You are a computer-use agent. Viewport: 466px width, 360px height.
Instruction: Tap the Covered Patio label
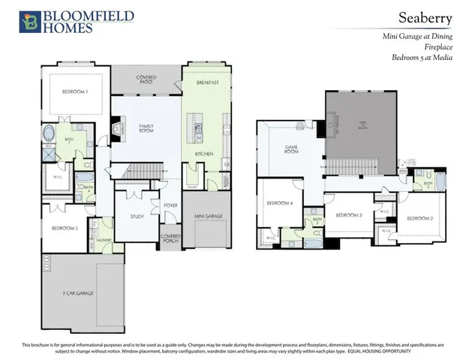[146, 79]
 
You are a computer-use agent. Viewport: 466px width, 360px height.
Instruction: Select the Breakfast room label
[207, 82]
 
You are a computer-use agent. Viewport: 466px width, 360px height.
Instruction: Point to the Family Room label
[146, 128]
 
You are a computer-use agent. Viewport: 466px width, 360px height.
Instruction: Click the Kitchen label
[204, 154]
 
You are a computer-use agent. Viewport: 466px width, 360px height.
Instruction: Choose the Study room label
[136, 217]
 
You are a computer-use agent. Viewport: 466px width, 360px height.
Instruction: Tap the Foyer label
[170, 204]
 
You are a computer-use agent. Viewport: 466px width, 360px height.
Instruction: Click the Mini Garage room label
[208, 216]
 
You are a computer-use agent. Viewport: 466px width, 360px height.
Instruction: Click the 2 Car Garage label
[78, 292]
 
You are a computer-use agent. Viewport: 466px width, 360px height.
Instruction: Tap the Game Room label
[292, 149]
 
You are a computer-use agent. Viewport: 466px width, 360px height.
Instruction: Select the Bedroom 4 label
[280, 203]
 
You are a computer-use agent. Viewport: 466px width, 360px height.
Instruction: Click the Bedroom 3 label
[349, 215]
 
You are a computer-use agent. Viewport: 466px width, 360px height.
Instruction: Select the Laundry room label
[105, 241]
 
